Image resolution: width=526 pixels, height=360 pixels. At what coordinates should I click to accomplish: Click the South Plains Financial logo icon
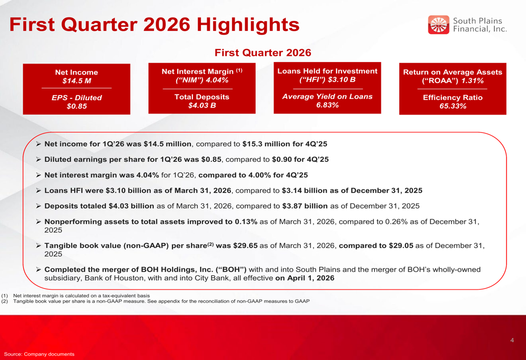coord(438,25)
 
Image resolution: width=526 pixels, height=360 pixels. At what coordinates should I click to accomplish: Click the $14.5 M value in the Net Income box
coord(76,81)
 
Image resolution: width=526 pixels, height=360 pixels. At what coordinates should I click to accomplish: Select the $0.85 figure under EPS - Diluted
coord(76,106)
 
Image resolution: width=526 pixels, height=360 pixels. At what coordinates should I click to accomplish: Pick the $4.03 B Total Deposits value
coord(201,106)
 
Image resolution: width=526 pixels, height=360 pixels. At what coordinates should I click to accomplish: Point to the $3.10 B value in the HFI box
coord(342,79)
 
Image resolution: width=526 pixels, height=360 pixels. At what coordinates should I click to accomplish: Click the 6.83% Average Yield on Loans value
coord(327,105)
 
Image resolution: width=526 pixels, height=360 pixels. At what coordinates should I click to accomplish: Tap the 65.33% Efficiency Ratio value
coord(452,106)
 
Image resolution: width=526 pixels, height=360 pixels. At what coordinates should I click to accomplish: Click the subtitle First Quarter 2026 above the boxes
coord(262,53)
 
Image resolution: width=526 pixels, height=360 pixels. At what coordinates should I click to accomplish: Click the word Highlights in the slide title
coord(247,24)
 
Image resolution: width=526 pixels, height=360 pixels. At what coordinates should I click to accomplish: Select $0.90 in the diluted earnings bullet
coord(283,159)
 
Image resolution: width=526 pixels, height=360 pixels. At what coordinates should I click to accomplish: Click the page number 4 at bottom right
coord(512,341)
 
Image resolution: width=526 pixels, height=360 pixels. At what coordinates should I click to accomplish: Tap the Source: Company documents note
coord(39,354)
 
